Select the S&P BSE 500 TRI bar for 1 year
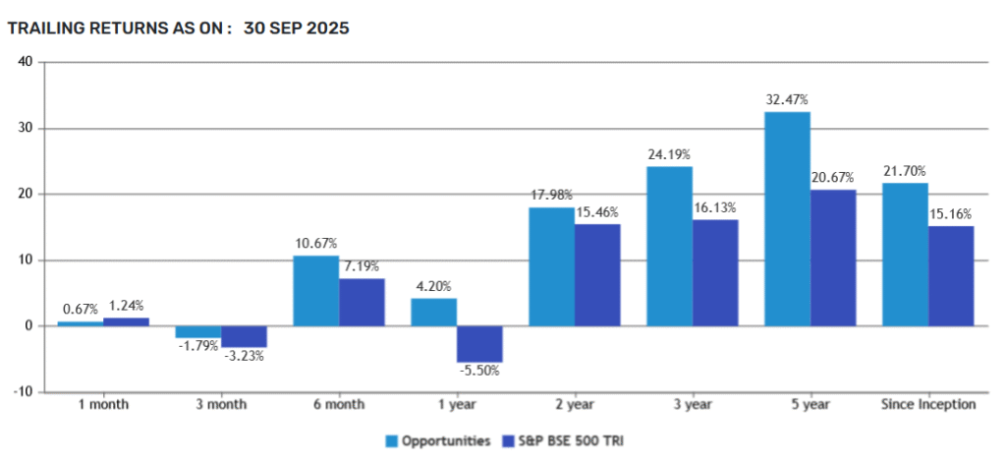[479, 344]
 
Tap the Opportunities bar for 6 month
[315, 291]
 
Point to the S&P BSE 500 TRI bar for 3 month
[244, 336]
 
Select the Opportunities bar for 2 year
[552, 266]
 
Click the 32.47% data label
[788, 100]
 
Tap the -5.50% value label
[479, 373]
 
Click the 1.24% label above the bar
[126, 307]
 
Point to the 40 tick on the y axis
[27, 62]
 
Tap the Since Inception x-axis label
[928, 404]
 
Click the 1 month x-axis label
[102, 404]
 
